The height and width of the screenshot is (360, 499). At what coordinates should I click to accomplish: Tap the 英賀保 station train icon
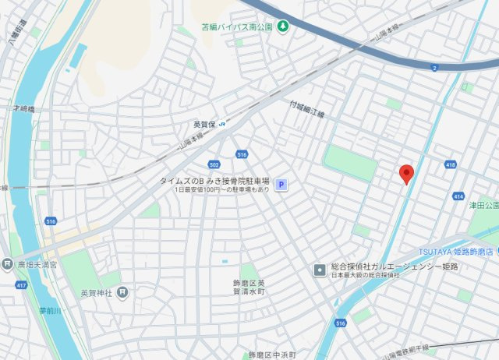point(222,122)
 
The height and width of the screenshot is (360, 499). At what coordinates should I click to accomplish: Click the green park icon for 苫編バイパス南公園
point(283,26)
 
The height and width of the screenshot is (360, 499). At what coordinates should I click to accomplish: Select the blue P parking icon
point(282,185)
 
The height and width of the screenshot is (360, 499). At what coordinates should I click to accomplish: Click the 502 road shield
point(214,164)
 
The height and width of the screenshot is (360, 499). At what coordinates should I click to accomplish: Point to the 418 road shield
point(450,164)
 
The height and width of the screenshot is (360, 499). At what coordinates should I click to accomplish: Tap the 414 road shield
point(458,196)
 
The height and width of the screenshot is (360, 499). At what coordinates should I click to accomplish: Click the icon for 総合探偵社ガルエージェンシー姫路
point(320,270)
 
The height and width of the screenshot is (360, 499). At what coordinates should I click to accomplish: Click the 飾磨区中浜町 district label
point(272,355)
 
